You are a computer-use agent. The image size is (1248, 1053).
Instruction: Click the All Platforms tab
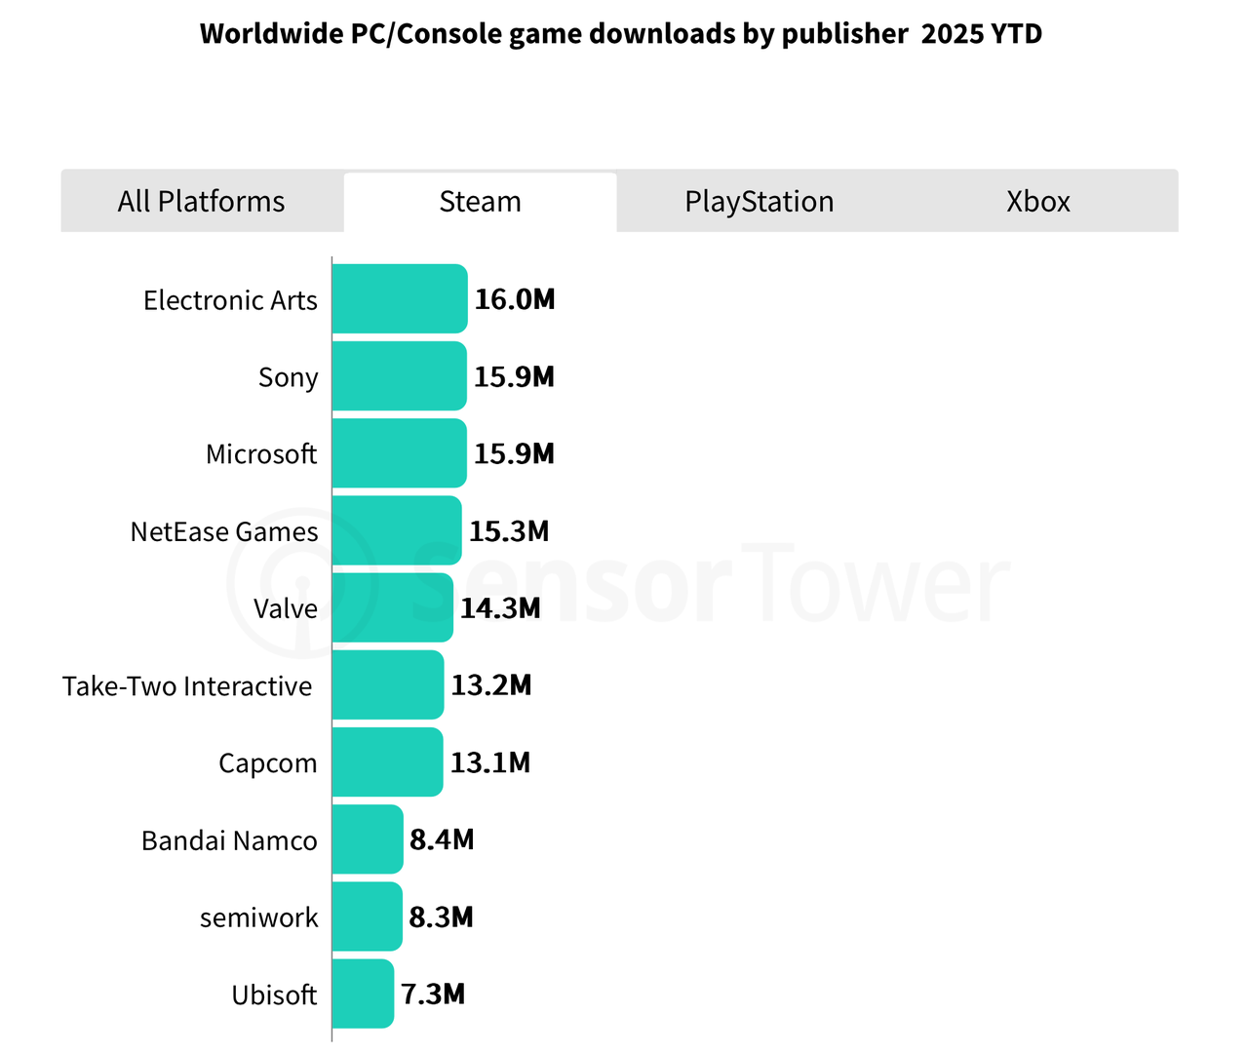[202, 202]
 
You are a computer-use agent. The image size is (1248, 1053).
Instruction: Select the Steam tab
[480, 202]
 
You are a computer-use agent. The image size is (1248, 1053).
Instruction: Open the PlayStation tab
[759, 202]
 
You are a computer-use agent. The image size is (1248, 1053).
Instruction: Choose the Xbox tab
[1037, 202]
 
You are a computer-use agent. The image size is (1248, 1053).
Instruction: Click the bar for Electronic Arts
[400, 298]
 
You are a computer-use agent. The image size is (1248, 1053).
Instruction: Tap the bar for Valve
[393, 607]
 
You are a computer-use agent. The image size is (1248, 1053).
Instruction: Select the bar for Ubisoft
[363, 994]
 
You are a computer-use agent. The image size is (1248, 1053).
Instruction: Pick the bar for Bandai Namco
[368, 839]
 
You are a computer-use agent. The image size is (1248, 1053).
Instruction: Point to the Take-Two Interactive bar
[388, 684]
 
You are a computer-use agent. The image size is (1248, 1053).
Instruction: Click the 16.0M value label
[515, 299]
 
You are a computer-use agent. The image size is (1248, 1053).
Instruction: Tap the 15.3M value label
[509, 531]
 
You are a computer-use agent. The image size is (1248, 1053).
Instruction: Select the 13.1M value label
[490, 762]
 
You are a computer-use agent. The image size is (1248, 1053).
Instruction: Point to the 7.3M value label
[433, 994]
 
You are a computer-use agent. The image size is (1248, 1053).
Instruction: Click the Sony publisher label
[288, 377]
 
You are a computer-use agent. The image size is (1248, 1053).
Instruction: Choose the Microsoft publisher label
[261, 454]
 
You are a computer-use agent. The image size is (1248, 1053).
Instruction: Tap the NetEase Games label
[224, 531]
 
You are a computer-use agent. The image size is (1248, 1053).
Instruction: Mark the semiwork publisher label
[258, 917]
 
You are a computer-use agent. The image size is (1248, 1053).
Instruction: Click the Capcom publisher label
[267, 762]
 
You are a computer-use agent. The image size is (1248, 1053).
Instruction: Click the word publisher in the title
[845, 34]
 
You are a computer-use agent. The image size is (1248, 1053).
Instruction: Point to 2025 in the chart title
[953, 34]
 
